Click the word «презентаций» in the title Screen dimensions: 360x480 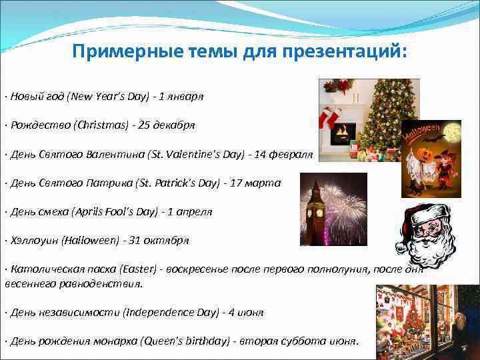[x=349, y=52]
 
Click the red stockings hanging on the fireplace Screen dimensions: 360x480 [x=331, y=118]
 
